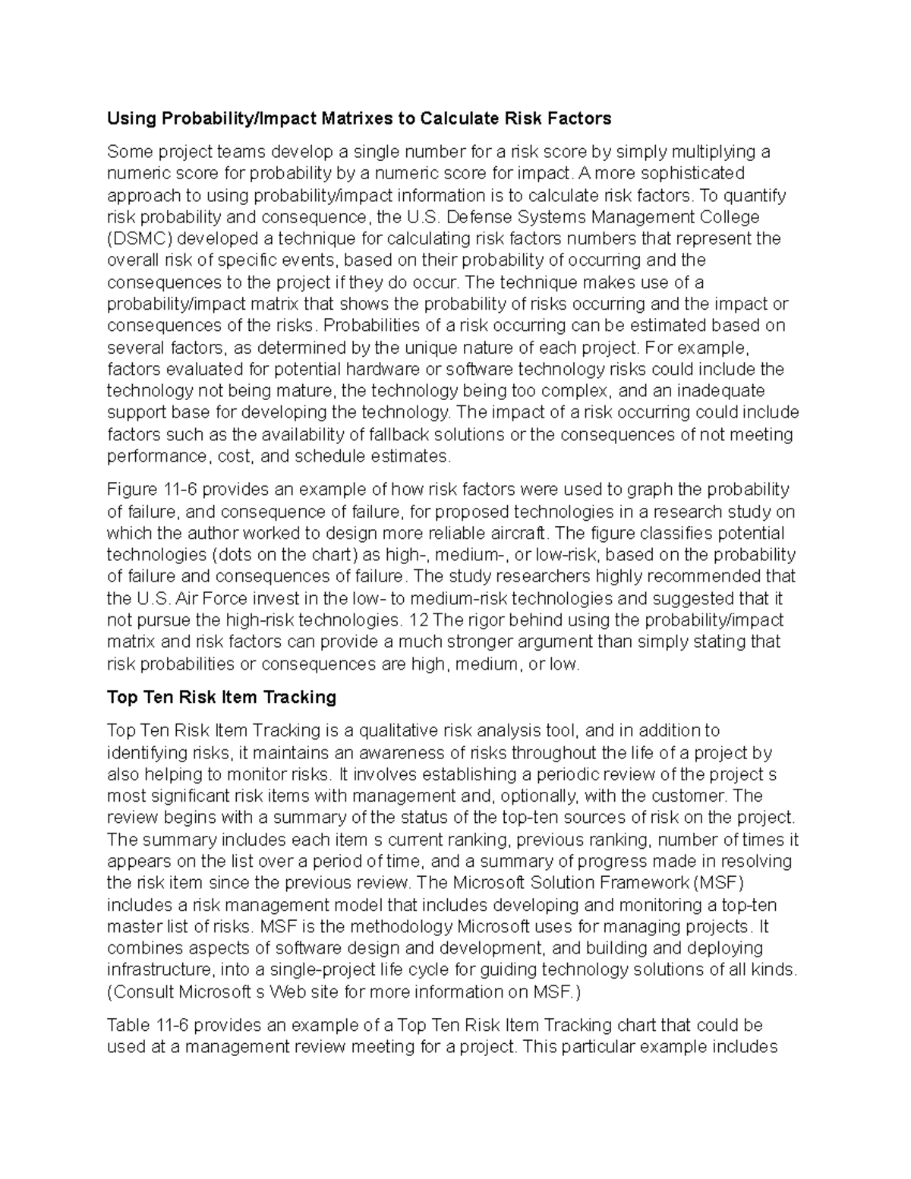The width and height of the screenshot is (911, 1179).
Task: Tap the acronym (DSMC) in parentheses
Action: coord(137,239)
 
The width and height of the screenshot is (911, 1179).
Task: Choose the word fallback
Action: coord(384,435)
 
